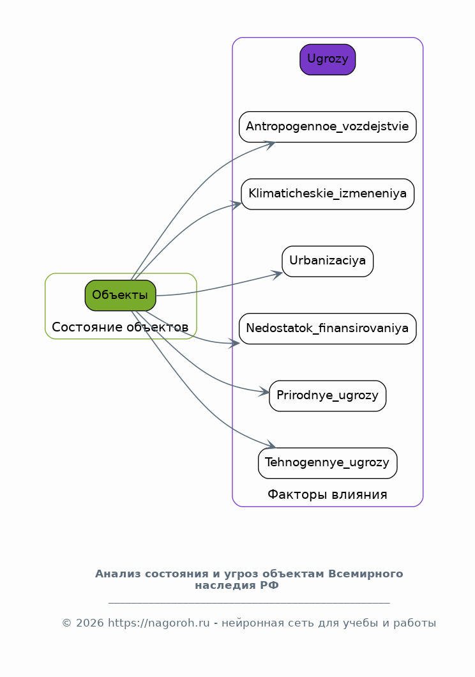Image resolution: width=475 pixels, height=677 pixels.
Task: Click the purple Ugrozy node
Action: pyautogui.click(x=328, y=59)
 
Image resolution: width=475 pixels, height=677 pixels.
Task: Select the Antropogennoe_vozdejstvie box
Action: pyautogui.click(x=328, y=127)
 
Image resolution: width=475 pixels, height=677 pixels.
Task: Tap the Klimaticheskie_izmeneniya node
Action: pyautogui.click(x=328, y=194)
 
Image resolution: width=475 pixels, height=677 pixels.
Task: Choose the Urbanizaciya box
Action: pyautogui.click(x=328, y=261)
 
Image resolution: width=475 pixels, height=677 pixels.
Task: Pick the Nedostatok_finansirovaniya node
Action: pyautogui.click(x=328, y=328)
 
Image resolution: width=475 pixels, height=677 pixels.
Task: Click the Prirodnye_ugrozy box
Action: pyautogui.click(x=328, y=396)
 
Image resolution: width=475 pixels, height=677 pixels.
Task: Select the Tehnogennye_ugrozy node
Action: pyautogui.click(x=328, y=463)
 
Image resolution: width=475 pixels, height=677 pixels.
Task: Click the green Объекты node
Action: pyautogui.click(x=121, y=295)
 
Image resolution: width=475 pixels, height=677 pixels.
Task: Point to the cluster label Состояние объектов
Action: pyautogui.click(x=120, y=327)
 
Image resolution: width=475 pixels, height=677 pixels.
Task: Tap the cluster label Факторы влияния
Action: pyautogui.click(x=328, y=495)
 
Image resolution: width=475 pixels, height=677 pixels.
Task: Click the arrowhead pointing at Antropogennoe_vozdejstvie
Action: pyautogui.click(x=270, y=144)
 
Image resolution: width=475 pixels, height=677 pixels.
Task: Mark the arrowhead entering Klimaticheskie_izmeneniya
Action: pyautogui.click(x=236, y=205)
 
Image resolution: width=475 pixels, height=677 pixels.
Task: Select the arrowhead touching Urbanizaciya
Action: pyautogui.click(x=276, y=275)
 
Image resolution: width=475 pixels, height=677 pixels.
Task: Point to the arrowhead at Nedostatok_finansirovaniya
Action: pyautogui.click(x=234, y=343)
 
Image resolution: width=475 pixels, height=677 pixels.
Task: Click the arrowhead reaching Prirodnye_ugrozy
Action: pyautogui.click(x=264, y=392)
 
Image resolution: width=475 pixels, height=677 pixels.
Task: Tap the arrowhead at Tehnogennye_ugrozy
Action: pyautogui.click(x=271, y=445)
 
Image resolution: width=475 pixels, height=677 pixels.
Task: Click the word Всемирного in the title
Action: pyautogui.click(x=365, y=574)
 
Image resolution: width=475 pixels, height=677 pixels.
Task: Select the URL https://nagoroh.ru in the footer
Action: pyautogui.click(x=159, y=623)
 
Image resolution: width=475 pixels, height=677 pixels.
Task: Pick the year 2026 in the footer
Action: pyautogui.click(x=90, y=623)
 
